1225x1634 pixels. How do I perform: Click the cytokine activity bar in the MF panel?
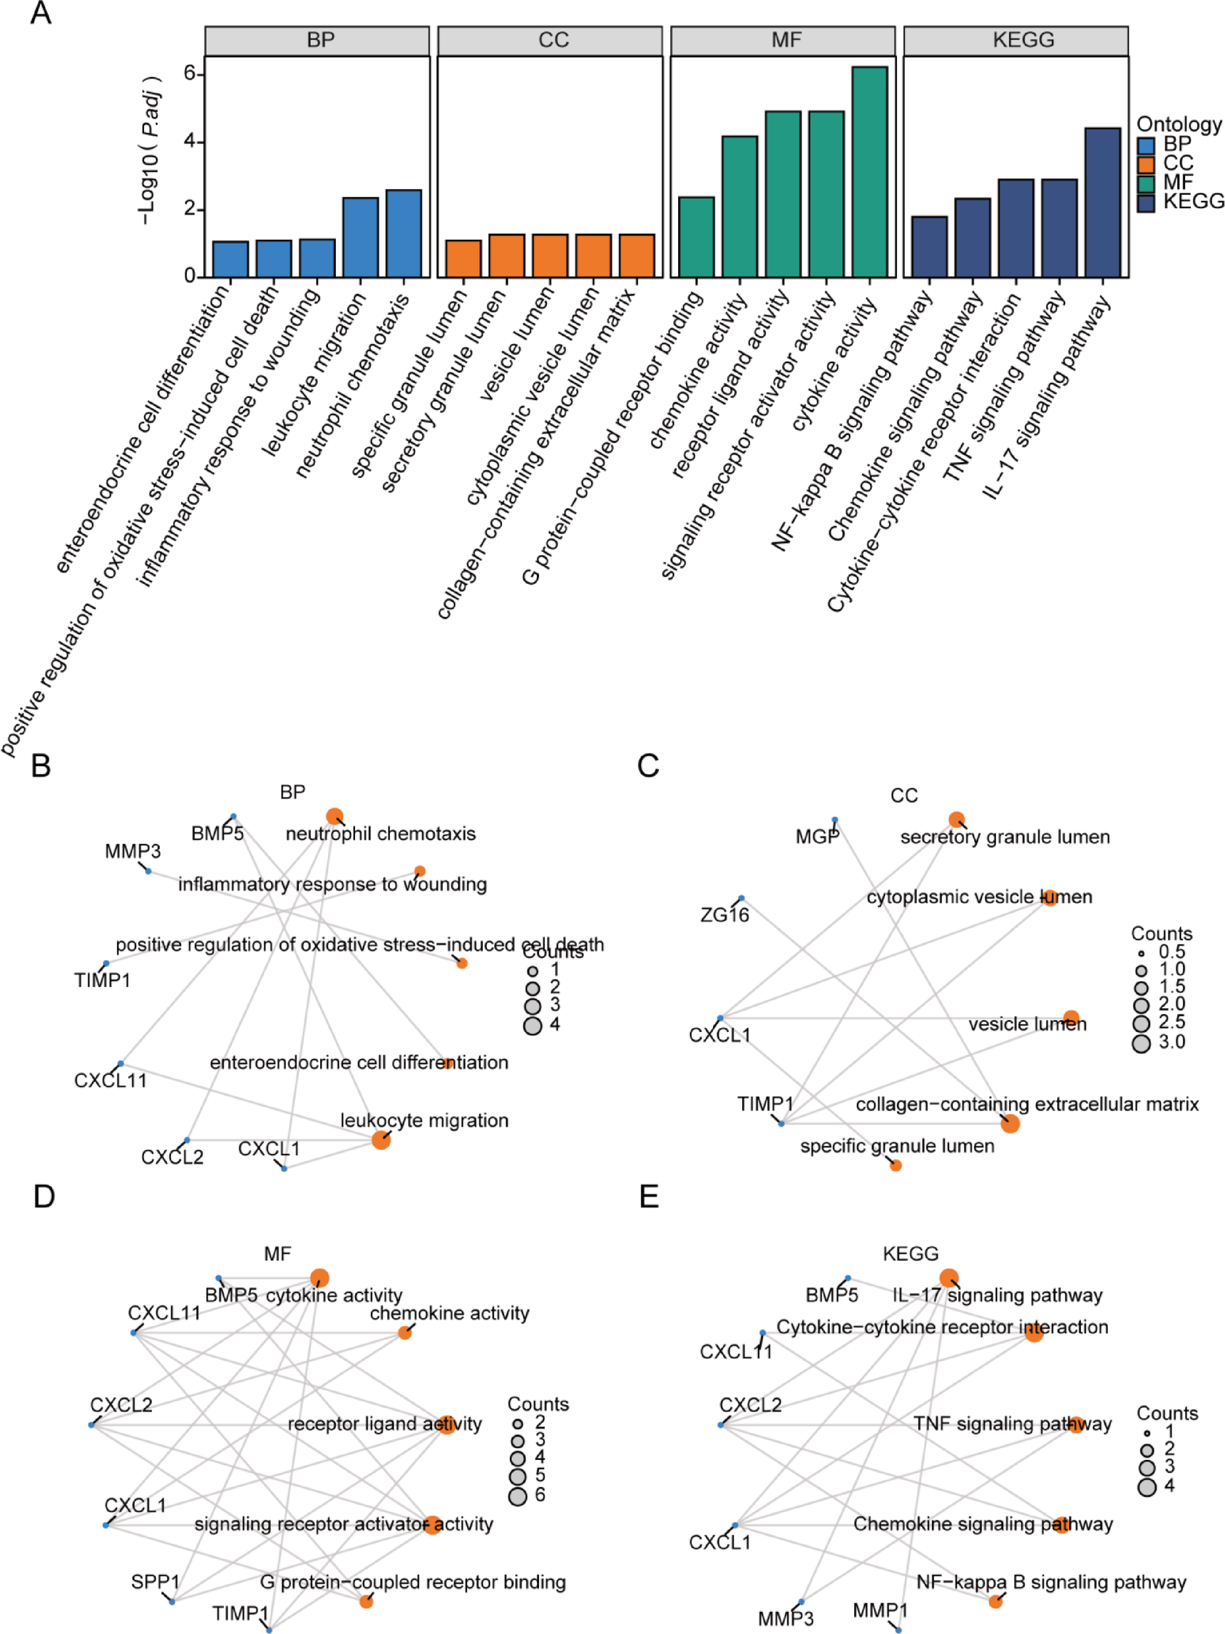point(869,171)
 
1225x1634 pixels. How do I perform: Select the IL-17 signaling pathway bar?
point(1102,203)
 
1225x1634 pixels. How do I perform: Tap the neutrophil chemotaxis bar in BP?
point(403,233)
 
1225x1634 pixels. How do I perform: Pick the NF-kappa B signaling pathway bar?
point(928,247)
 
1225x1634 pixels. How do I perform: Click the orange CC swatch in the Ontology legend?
point(1145,163)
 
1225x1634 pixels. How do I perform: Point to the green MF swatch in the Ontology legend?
point(1145,183)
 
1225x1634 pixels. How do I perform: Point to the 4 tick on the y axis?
point(190,141)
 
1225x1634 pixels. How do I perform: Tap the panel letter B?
point(41,765)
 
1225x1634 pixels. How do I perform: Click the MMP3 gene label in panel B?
point(132,852)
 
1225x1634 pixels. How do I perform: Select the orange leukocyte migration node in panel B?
point(381,1140)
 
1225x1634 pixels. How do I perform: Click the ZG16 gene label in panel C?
point(724,915)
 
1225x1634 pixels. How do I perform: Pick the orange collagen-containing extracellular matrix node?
point(1010,1123)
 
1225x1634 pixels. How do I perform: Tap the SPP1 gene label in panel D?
point(155,1582)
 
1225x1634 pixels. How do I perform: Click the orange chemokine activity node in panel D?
point(404,1332)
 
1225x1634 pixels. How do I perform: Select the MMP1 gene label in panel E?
point(879,1610)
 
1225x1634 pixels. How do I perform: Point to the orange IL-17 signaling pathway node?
point(949,1278)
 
